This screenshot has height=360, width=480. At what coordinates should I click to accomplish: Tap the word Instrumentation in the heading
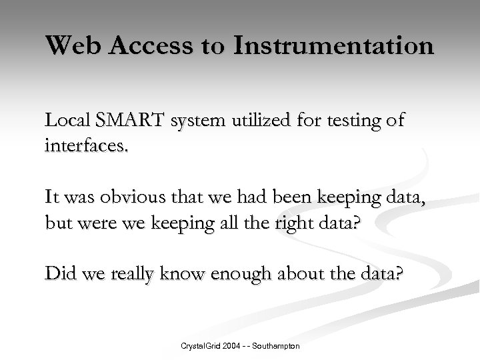coord(333,46)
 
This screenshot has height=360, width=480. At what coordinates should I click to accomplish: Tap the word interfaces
coord(85,143)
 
